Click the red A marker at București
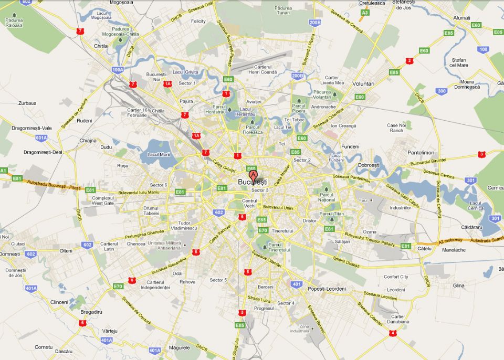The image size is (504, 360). click(253, 175)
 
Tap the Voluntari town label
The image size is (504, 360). click(363, 83)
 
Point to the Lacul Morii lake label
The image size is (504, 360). click(159, 154)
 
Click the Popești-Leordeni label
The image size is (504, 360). click(327, 289)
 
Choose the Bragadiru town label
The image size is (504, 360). click(90, 311)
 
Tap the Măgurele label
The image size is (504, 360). click(180, 347)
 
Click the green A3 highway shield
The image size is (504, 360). click(365, 12)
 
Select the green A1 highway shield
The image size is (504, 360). click(3, 171)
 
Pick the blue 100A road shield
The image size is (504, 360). click(118, 69)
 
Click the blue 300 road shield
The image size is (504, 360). click(442, 91)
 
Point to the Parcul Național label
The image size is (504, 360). click(327, 197)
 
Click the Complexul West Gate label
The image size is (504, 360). click(103, 200)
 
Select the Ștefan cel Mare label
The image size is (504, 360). click(458, 63)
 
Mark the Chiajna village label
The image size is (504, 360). click(88, 141)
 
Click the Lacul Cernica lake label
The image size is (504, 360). click(476, 206)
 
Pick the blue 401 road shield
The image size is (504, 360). click(297, 284)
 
